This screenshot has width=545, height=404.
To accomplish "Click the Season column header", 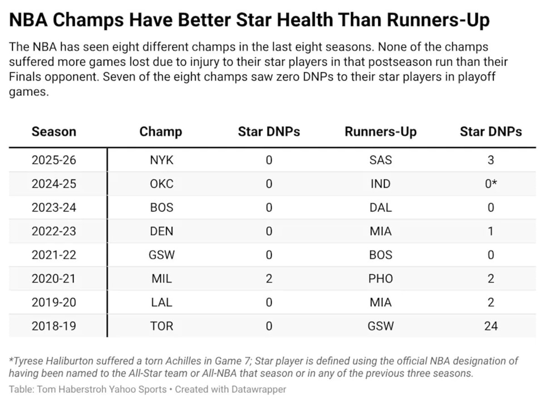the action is click(54, 132).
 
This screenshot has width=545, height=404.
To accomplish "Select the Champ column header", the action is click(161, 132).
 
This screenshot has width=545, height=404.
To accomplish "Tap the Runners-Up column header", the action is click(381, 132).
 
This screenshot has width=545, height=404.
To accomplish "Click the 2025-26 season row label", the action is click(54, 160).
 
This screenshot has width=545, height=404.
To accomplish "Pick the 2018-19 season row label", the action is click(54, 326).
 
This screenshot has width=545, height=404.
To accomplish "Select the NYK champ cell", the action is click(161, 160).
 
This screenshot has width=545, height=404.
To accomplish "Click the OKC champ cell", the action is click(161, 184).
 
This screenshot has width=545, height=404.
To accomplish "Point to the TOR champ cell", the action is click(161, 326).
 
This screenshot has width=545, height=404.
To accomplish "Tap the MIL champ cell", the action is click(161, 279).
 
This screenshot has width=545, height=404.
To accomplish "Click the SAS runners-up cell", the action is click(381, 160).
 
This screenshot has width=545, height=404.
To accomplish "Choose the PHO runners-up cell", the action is click(381, 279).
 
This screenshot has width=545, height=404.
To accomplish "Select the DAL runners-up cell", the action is click(381, 207).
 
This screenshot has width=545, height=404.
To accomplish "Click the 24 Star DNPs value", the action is click(491, 326).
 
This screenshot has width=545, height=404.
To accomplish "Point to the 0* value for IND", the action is click(491, 184).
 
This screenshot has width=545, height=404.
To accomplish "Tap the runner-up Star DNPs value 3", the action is click(490, 160).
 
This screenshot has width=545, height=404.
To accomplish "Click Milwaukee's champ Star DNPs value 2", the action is click(269, 279).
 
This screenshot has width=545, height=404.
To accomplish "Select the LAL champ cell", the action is click(161, 302).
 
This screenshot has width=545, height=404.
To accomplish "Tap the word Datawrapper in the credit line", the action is click(259, 389).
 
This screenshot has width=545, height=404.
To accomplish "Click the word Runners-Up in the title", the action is click(438, 20).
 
